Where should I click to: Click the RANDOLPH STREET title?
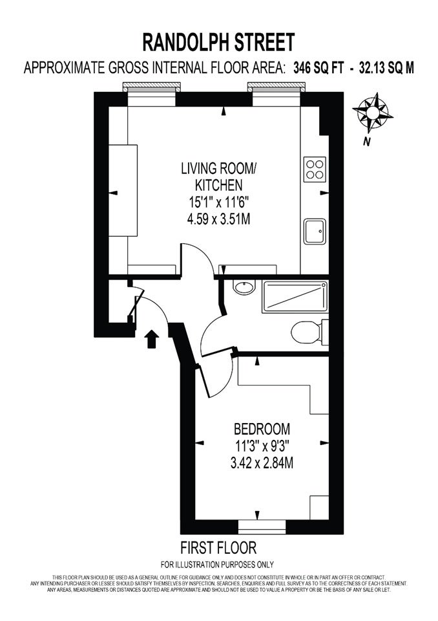click(218, 43)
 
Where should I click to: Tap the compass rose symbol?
click(372, 113)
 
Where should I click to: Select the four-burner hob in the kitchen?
click(315, 169)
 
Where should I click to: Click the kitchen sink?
click(315, 232)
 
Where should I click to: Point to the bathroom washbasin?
click(244, 287)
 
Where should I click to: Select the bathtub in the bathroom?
click(295, 296)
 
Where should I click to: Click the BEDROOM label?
click(262, 429)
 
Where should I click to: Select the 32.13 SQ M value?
click(386, 68)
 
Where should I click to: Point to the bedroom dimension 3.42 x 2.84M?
click(262, 463)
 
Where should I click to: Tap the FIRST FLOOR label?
click(218, 548)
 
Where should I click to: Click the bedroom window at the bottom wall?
click(262, 527)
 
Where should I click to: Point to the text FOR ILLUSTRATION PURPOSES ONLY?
click(217, 564)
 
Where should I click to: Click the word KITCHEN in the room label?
click(218, 185)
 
